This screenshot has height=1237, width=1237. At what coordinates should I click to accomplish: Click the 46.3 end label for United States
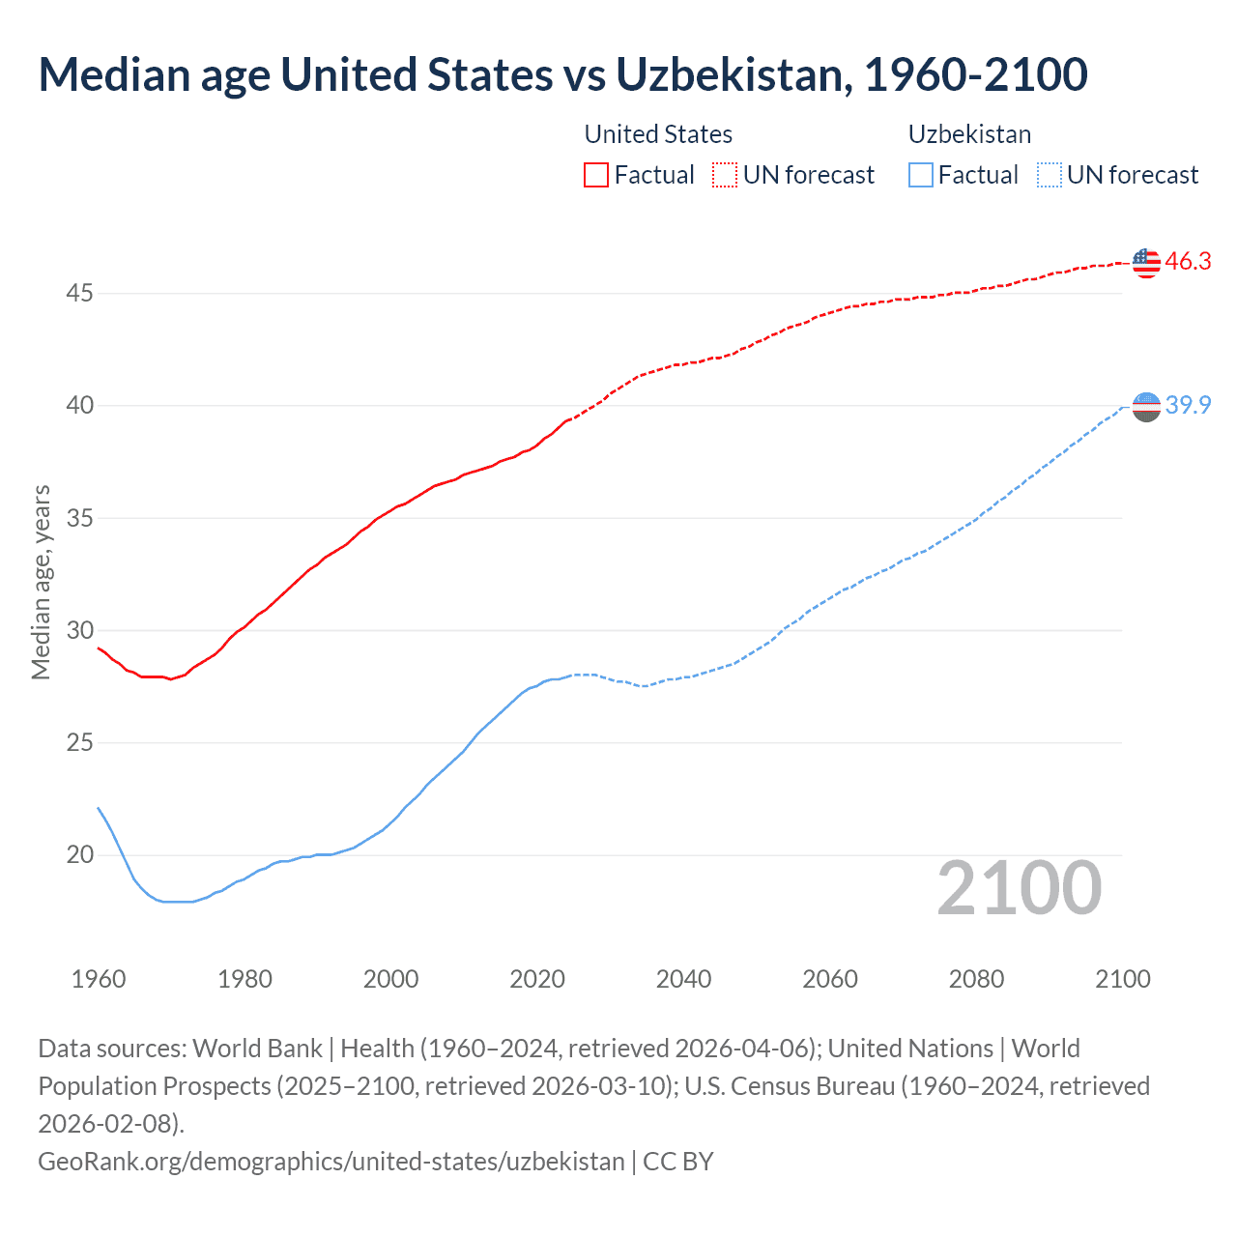1188,261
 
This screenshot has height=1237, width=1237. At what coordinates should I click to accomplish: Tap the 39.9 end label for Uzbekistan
1188,405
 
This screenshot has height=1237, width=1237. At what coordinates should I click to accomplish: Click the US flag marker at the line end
1146,262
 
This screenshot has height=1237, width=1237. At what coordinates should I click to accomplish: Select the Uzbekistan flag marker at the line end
1146,407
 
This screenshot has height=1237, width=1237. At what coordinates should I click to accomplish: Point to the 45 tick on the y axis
79,293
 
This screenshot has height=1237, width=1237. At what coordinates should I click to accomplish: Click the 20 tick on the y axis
79,855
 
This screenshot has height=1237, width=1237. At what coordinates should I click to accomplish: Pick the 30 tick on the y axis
79,630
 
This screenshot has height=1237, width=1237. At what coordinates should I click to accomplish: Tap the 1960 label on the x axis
99,979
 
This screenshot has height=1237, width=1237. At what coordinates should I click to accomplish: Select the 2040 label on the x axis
683,979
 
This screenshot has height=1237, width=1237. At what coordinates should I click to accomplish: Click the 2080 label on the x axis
976,979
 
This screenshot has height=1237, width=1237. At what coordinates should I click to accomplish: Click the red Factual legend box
596,175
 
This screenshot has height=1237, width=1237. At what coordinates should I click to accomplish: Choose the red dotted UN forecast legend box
725,175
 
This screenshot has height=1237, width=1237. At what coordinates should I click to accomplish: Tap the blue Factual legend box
921,175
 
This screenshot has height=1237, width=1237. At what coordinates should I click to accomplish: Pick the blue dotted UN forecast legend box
1050,175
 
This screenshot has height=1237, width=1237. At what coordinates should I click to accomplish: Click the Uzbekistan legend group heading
969,134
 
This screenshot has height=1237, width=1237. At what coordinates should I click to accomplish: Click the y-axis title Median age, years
41,583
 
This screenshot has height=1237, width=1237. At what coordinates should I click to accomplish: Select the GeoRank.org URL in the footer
331,1161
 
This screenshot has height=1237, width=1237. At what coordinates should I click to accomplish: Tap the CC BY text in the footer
678,1161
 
